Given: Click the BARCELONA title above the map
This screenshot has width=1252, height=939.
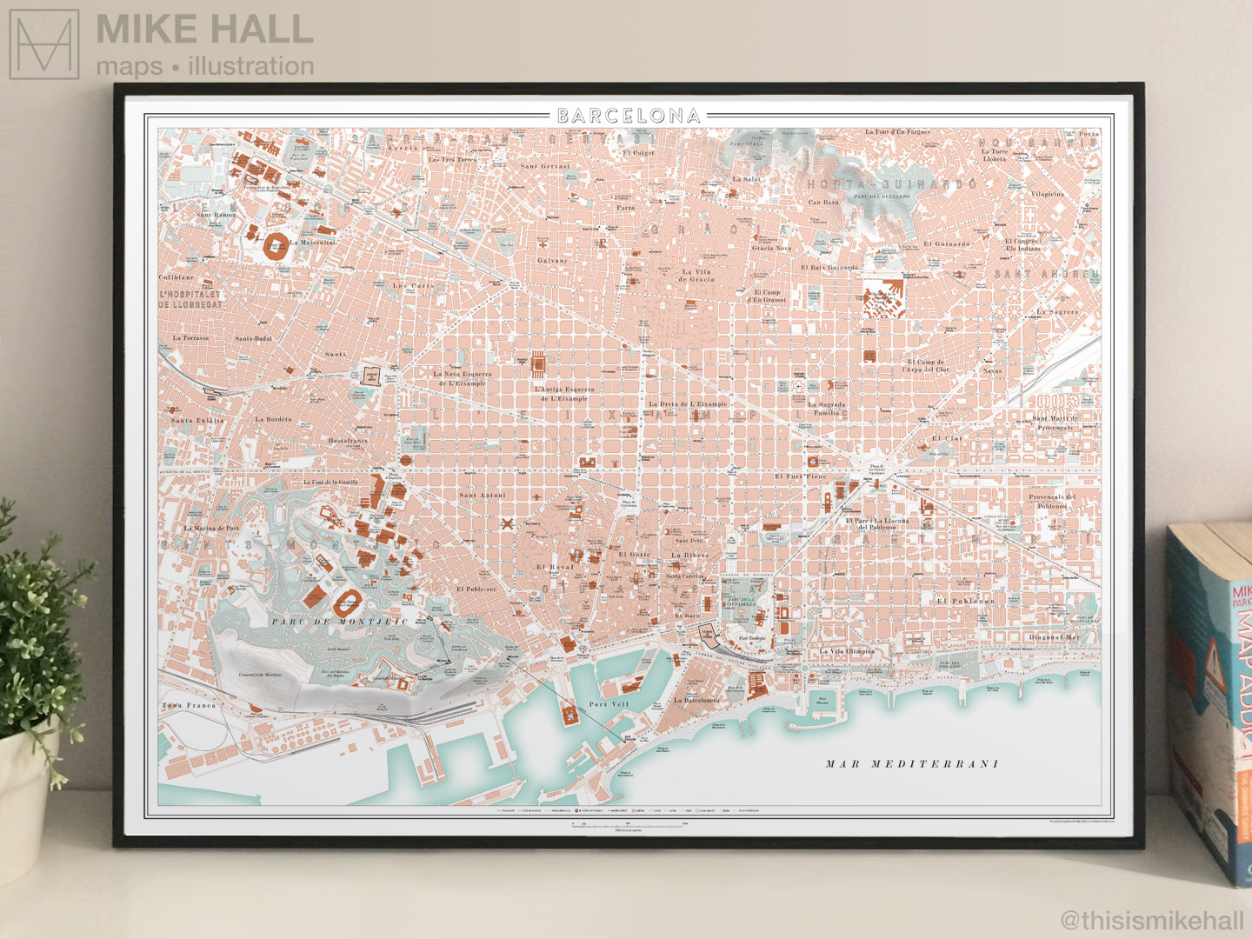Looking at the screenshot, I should pyautogui.click(x=629, y=116).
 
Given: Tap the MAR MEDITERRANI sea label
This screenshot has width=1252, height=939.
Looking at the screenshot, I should pyautogui.click(x=912, y=764).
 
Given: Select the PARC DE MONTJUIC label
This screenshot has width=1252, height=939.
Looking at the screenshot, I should pyautogui.click(x=339, y=622).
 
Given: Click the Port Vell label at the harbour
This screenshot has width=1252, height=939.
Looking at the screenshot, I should pyautogui.click(x=609, y=704).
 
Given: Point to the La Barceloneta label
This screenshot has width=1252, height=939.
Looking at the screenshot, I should pyautogui.click(x=696, y=700).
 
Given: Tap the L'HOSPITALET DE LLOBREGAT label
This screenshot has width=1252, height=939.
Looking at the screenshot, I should pyautogui.click(x=190, y=299).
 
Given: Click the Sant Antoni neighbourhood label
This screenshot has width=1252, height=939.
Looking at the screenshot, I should pyautogui.click(x=482, y=496).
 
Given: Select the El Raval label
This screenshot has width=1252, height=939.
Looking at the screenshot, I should pyautogui.click(x=555, y=567).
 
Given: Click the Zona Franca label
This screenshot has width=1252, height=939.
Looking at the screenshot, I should pyautogui.click(x=189, y=705).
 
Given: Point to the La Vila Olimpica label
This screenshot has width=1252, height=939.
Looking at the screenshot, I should pyautogui.click(x=848, y=651).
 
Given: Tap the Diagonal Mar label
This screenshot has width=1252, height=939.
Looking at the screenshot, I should pyautogui.click(x=1055, y=637).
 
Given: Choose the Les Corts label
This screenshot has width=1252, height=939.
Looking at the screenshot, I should pyautogui.click(x=412, y=285).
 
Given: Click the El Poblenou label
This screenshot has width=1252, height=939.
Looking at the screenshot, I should pyautogui.click(x=965, y=601).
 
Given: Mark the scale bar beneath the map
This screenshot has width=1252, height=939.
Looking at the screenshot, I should pyautogui.click(x=629, y=823).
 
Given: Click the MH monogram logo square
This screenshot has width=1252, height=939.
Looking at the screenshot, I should pyautogui.click(x=44, y=44).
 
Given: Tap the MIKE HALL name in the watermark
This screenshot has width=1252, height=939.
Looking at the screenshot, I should pyautogui.click(x=204, y=30).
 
